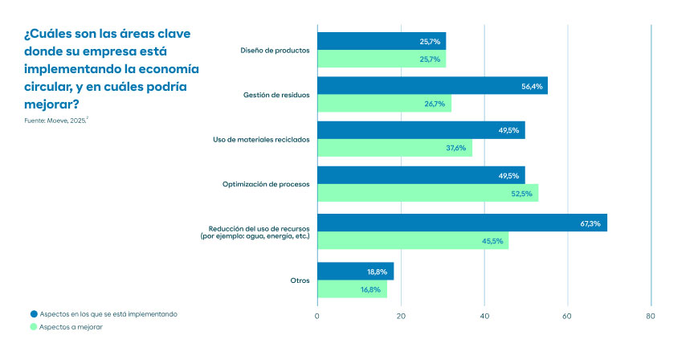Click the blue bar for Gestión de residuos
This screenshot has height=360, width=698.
(432, 86)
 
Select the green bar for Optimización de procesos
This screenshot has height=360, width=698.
(427, 193)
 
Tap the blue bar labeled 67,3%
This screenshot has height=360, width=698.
(462, 223)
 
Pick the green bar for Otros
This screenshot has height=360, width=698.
(352, 289)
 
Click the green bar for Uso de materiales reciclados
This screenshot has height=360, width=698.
(394, 148)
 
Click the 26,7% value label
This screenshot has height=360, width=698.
(433, 104)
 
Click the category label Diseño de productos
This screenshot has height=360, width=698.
(275, 51)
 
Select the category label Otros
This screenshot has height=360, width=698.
(300, 280)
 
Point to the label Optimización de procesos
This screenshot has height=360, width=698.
(266, 185)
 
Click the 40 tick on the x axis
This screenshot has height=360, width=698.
(484, 315)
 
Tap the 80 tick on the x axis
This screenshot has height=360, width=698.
(651, 315)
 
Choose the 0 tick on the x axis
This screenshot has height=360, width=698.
(318, 315)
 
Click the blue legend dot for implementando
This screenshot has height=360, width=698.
(34, 314)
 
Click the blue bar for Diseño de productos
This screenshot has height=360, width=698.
(382, 41)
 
